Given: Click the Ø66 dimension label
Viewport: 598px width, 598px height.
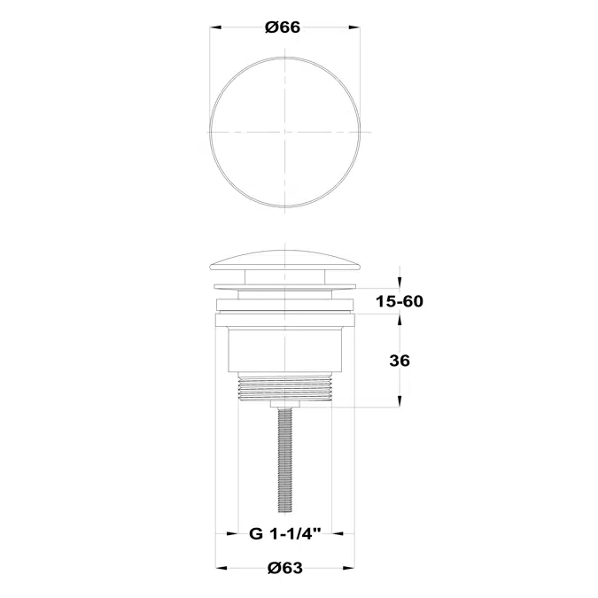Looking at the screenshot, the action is click(x=283, y=27).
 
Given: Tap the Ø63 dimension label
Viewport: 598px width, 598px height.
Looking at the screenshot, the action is click(x=285, y=568).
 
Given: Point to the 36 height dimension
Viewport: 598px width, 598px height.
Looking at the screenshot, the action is click(x=400, y=361).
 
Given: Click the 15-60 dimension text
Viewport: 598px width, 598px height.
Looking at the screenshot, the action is click(x=400, y=301).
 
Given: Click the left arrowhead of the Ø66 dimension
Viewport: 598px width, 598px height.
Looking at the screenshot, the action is click(x=216, y=27).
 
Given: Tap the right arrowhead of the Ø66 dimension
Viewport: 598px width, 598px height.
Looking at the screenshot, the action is click(x=354, y=27).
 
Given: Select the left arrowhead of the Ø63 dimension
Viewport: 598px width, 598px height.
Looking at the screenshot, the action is click(x=221, y=568).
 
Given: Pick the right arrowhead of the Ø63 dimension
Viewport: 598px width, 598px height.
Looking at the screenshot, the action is click(x=349, y=568).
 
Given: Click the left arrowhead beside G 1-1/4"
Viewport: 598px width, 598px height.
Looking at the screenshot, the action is click(x=232, y=534).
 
